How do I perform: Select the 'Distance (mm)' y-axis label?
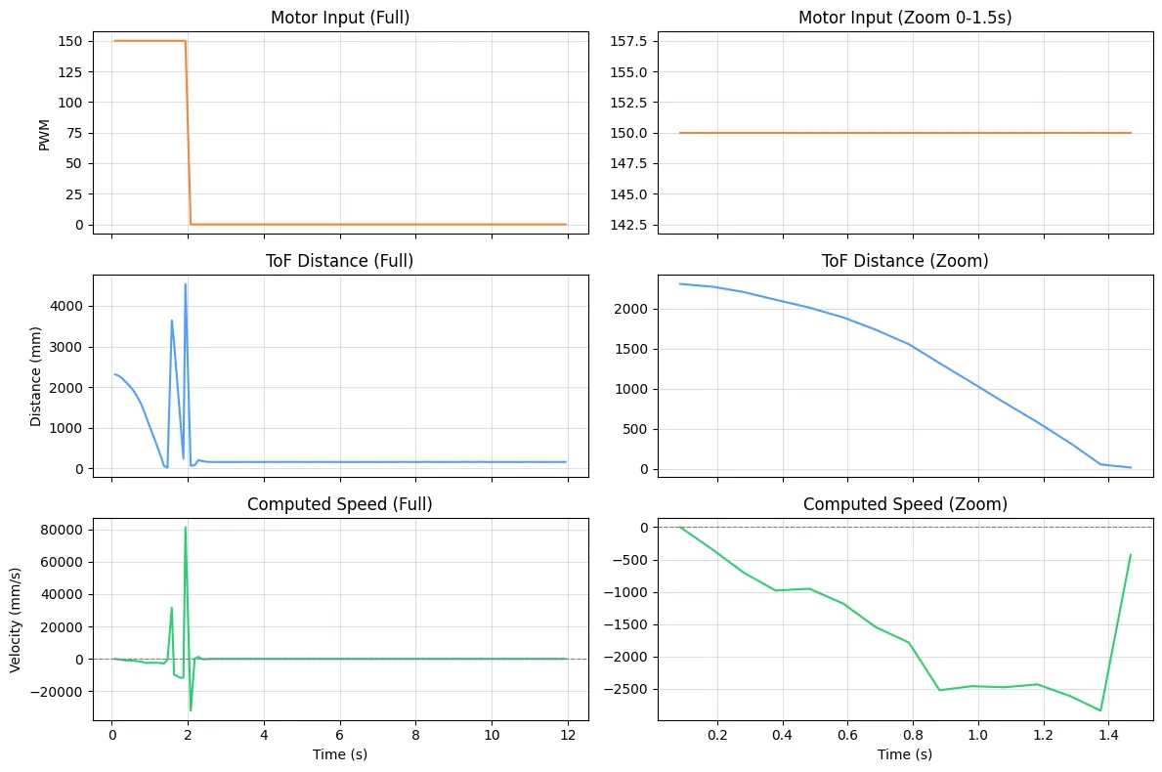(x=36, y=375)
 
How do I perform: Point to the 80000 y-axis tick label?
(x=62, y=530)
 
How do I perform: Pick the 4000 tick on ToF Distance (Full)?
(x=68, y=307)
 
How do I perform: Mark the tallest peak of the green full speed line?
(x=186, y=528)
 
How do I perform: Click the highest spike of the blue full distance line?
(x=186, y=284)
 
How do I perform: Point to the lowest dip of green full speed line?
(x=191, y=710)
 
